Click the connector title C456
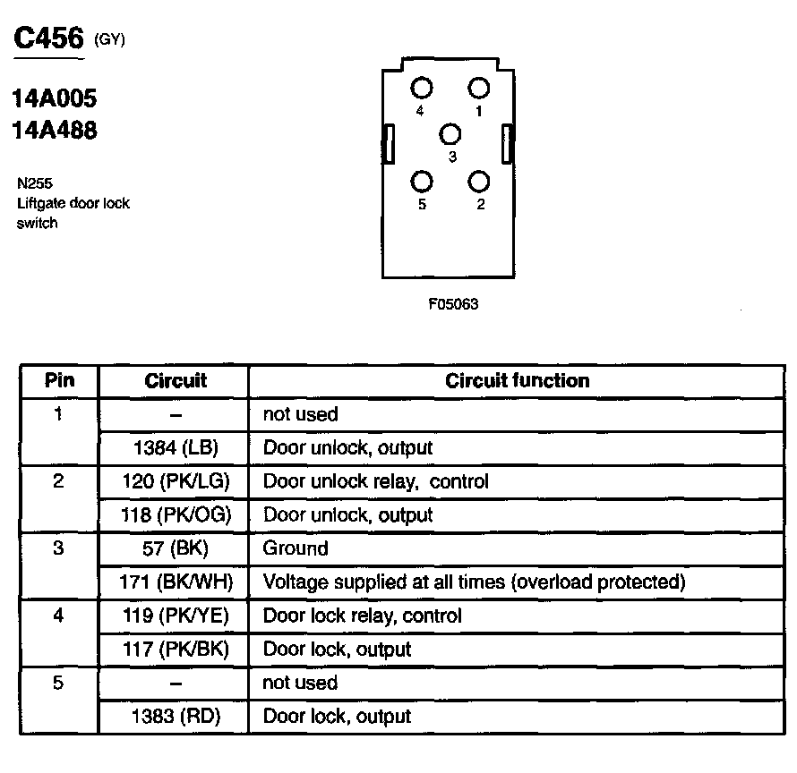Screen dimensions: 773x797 pos(49,38)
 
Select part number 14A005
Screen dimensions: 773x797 pos(55,98)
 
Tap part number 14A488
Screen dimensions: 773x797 pos(55,131)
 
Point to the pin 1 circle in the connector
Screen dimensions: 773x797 pos(479,88)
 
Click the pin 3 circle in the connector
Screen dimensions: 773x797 pos(450,134)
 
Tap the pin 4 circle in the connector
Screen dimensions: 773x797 pos(422,88)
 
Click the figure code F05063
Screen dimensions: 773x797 pos(453,304)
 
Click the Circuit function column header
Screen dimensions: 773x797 pos(518,381)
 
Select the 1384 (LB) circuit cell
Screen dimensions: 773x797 pos(176,448)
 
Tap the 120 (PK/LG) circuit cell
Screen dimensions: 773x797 pos(176,481)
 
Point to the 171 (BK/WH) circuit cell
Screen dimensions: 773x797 pos(176,582)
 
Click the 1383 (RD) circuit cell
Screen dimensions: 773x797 pos(176,717)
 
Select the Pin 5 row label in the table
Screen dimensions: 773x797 pos(59,684)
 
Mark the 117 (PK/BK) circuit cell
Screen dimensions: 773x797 pos(176,650)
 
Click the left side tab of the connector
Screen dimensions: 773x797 pos(390,144)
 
